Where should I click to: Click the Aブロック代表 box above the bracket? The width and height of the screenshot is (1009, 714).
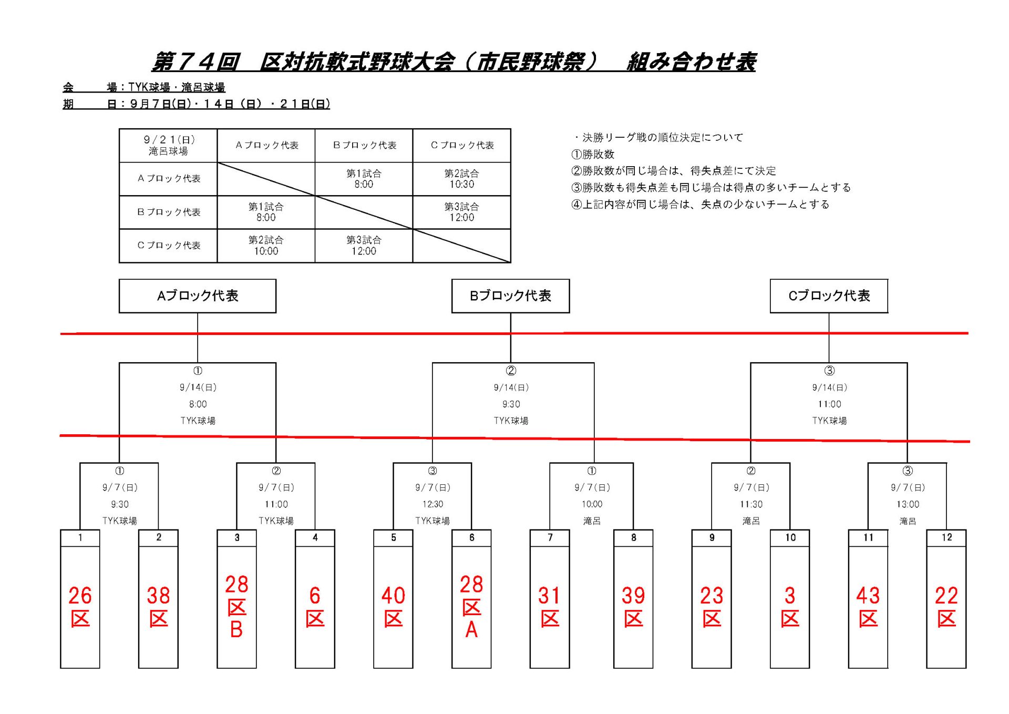click(x=198, y=296)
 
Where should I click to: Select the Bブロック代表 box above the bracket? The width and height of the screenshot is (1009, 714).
click(x=510, y=296)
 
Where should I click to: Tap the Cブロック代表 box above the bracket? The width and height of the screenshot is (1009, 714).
click(x=829, y=296)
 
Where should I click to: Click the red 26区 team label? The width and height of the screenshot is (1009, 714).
click(x=80, y=607)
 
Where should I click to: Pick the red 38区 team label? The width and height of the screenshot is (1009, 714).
click(x=158, y=607)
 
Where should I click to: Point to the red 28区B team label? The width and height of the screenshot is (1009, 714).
click(x=236, y=606)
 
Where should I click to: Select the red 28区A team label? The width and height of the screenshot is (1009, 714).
click(x=471, y=606)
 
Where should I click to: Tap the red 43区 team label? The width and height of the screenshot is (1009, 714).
click(x=868, y=607)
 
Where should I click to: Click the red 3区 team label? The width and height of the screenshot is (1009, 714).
click(x=790, y=607)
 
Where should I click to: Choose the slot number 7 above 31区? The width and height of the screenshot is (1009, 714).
click(x=550, y=537)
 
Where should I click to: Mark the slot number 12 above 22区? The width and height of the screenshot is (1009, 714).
click(x=946, y=537)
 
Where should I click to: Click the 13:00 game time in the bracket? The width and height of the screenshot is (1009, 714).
click(x=908, y=504)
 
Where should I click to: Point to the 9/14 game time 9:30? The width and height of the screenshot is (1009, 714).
click(x=511, y=404)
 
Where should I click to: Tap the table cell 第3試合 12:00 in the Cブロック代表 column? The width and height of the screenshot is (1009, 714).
click(x=461, y=212)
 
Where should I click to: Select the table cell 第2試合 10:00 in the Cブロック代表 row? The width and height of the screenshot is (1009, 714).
click(x=266, y=246)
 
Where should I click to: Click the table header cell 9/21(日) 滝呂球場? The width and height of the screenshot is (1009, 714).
click(x=168, y=145)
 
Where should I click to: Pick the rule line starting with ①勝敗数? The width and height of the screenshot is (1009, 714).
click(x=593, y=155)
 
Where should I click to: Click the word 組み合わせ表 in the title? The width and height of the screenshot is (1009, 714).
click(x=692, y=62)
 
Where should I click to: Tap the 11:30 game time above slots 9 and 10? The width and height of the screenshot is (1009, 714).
click(x=751, y=504)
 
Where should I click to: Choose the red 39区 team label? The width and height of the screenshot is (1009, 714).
click(x=633, y=607)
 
